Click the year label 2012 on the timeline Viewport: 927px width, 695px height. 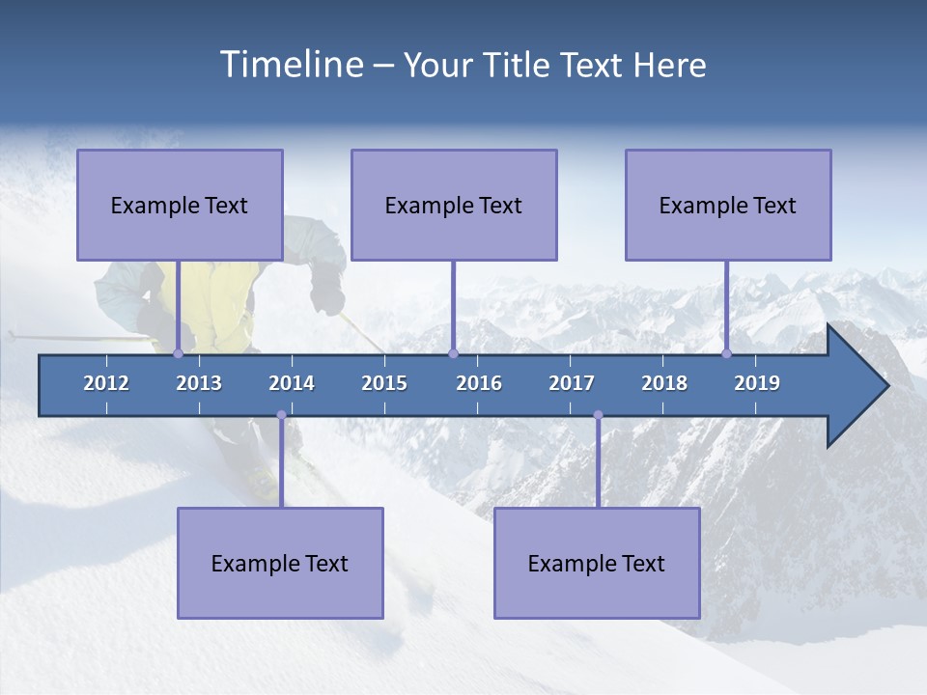click(x=106, y=383)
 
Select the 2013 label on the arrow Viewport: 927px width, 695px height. click(x=199, y=383)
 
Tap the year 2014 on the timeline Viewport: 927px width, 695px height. click(x=292, y=383)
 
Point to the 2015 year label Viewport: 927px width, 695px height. click(x=384, y=383)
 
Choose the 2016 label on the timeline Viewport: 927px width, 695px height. click(x=479, y=383)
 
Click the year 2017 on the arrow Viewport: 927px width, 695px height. click(x=572, y=383)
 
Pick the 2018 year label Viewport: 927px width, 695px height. click(x=664, y=383)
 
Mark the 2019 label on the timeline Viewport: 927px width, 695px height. click(x=757, y=383)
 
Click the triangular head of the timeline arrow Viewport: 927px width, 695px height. click(x=856, y=386)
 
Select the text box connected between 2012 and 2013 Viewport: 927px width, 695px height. click(x=180, y=205)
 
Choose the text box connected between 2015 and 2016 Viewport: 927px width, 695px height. click(x=454, y=205)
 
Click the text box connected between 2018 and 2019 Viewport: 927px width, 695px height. click(x=728, y=205)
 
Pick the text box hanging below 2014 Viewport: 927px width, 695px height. click(x=280, y=563)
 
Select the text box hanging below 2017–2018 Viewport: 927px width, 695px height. click(x=597, y=563)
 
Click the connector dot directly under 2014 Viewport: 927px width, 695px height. click(x=281, y=415)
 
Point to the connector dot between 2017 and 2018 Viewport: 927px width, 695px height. click(x=598, y=415)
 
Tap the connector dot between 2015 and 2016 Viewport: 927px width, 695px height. click(x=453, y=353)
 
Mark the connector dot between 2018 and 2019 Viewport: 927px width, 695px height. click(x=726, y=353)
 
